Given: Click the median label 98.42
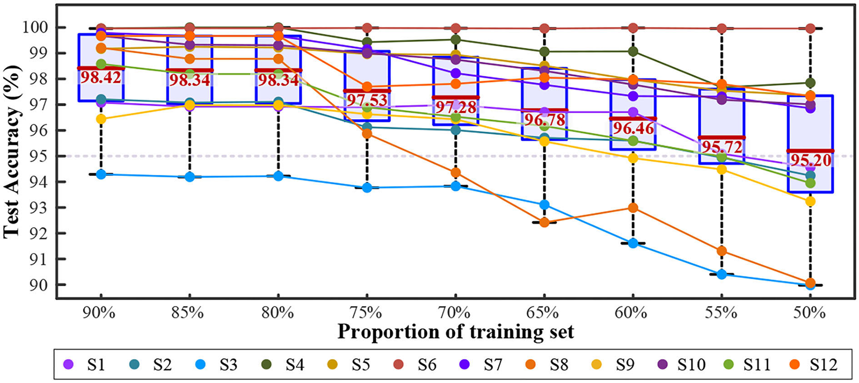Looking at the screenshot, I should pos(101,77).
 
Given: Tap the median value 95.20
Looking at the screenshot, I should pos(810,160).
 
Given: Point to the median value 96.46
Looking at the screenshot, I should pos(633,128).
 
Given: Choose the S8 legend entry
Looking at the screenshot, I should pos(547,365).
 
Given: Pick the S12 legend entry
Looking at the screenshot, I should pos(812,365).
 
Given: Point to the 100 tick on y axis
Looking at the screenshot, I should pos(35,28).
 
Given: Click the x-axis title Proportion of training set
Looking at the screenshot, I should pos(455,332).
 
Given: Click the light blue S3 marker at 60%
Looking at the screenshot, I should pos(633,243).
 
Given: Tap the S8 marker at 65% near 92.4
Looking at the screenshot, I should pos(544,223).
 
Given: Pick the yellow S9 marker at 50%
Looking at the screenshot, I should pos(810,201).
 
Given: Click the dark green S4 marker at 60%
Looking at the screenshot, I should pos(633,51).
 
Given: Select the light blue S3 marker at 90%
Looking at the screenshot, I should pos(101,174).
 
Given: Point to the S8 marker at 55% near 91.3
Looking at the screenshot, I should pos(721,251).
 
